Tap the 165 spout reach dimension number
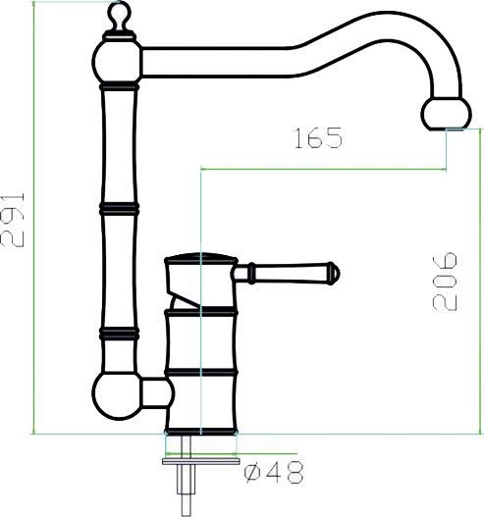[x=318, y=139]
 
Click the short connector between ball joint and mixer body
[x=156, y=394]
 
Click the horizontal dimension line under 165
[x=324, y=168]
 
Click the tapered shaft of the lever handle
[x=290, y=270]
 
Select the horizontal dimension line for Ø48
[x=201, y=455]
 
